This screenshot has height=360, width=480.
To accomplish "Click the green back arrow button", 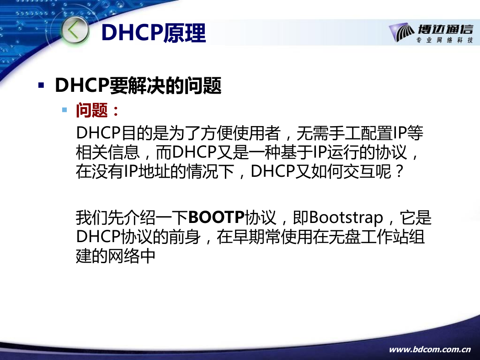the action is pyautogui.click(x=75, y=31).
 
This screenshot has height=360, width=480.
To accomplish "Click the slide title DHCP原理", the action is pyautogui.click(x=153, y=32).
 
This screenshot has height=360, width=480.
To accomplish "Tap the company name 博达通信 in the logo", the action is pyautogui.click(x=445, y=30).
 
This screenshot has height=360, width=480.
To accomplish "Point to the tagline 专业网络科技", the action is pyautogui.click(x=444, y=40).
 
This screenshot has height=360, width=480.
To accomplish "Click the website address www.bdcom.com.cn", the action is pyautogui.click(x=430, y=349).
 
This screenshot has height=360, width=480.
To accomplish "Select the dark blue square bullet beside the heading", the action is pyautogui.click(x=41, y=85).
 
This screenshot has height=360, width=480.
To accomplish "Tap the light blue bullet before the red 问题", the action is pyautogui.click(x=64, y=110).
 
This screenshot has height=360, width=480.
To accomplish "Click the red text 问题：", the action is pyautogui.click(x=98, y=111).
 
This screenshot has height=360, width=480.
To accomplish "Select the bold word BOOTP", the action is pyautogui.click(x=216, y=217).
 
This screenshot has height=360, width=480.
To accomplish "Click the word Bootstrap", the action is pyautogui.click(x=346, y=218).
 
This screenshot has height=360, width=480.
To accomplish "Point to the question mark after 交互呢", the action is pyautogui.click(x=399, y=172).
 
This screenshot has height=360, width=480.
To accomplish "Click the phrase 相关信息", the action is pyautogui.click(x=108, y=152).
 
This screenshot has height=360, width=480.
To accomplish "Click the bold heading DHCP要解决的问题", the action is pyautogui.click(x=138, y=85).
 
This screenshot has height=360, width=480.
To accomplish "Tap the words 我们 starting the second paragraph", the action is pyautogui.click(x=92, y=217).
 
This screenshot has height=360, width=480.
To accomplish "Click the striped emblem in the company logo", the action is pyautogui.click(x=402, y=32).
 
